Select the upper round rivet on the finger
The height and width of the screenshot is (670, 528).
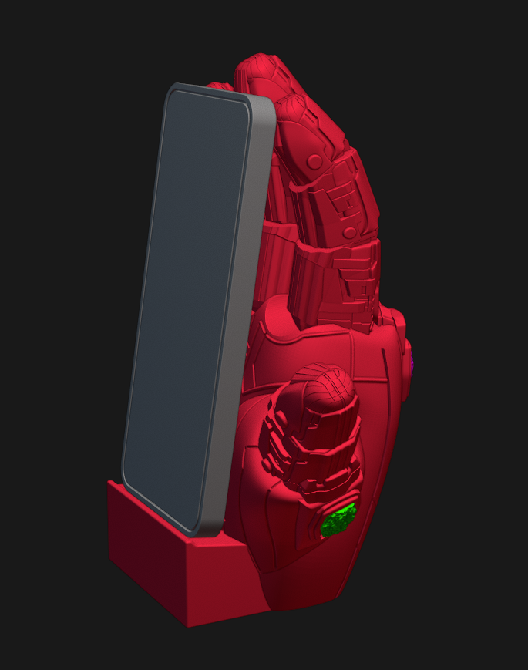(x=314, y=161)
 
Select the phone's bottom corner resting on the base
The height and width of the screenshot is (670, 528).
(x=204, y=530)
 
